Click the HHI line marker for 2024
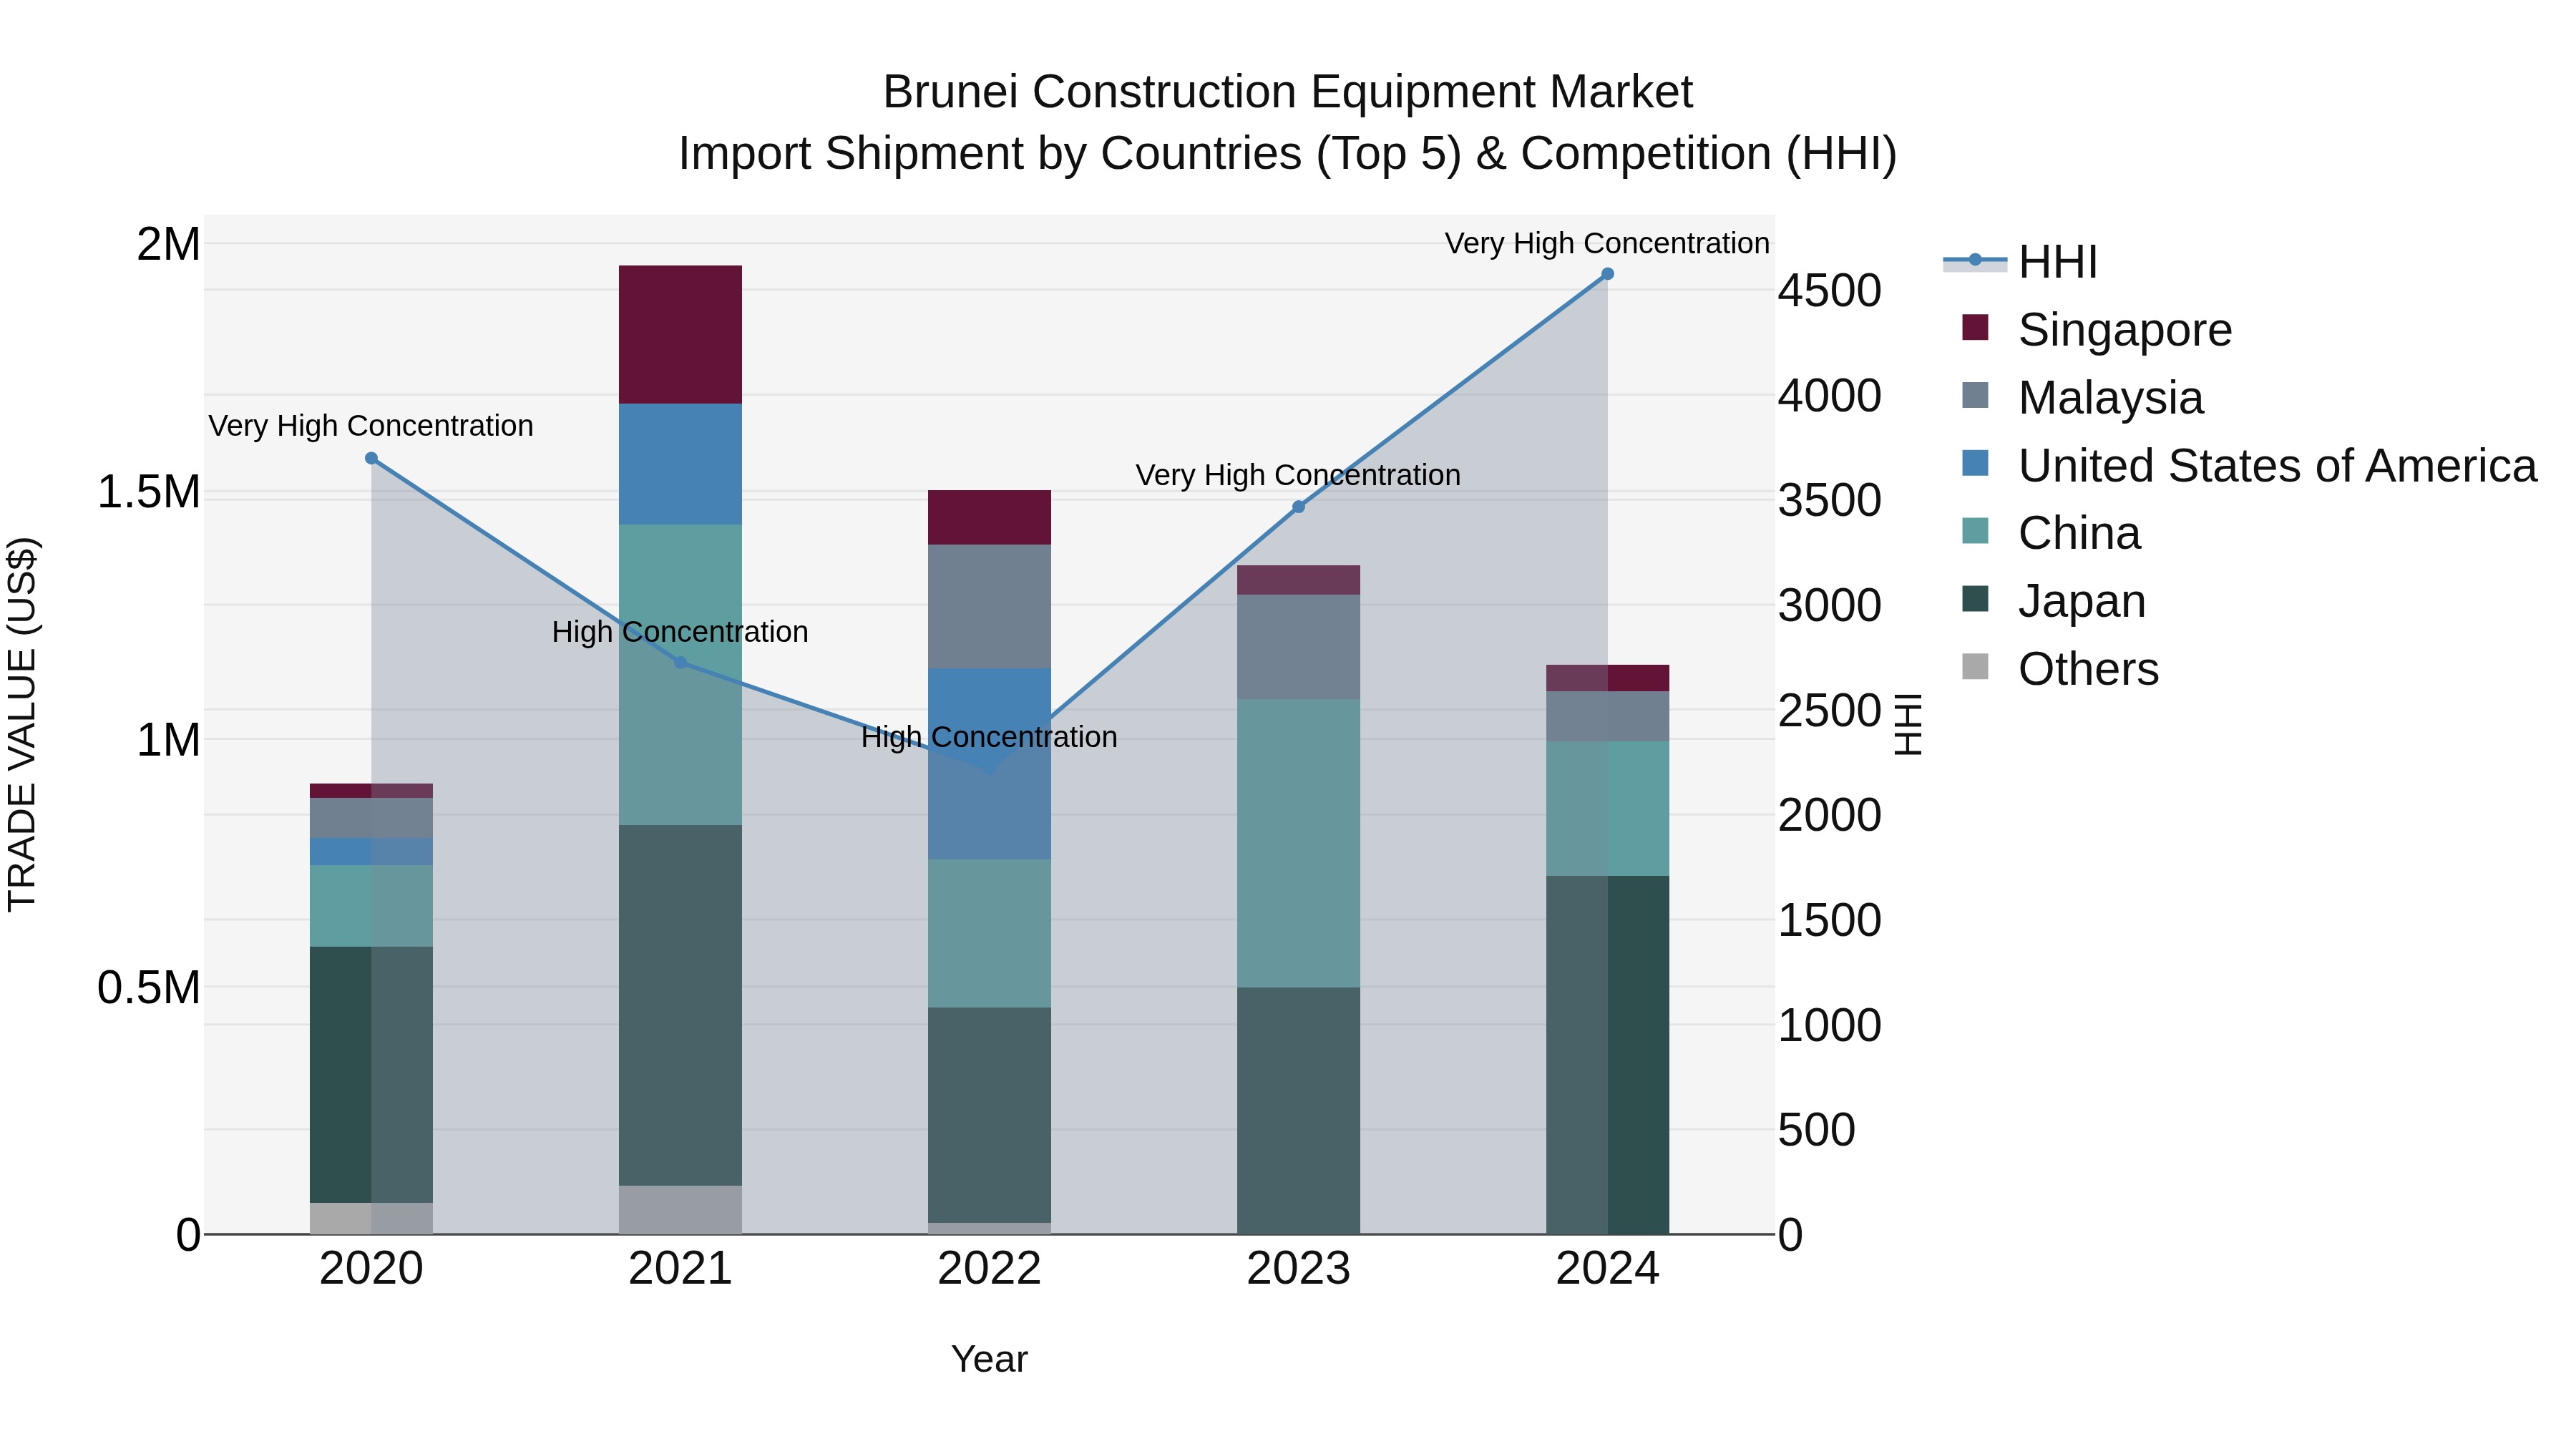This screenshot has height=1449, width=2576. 1607,274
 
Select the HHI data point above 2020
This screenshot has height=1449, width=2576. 371,458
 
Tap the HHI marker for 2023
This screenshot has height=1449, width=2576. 1298,507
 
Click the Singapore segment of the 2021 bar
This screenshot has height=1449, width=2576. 680,334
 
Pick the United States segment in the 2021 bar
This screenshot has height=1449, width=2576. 680,464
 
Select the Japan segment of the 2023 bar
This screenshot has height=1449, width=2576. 1298,1110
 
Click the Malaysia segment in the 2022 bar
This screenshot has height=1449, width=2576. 989,606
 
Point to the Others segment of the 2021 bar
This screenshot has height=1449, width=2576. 680,1209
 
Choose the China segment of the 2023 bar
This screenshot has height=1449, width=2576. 1298,843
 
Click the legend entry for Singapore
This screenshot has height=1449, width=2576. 2124,330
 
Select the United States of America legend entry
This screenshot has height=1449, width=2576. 2276,466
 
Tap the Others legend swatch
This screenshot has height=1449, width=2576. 1975,667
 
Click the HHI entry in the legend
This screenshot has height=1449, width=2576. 2056,262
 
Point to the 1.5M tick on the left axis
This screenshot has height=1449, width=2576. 149,492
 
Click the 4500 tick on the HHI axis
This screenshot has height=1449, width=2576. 1829,291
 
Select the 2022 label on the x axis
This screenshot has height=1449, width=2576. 989,1269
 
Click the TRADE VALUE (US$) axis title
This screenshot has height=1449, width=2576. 22,724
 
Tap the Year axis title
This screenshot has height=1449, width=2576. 989,1359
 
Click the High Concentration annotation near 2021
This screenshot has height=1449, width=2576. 680,632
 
